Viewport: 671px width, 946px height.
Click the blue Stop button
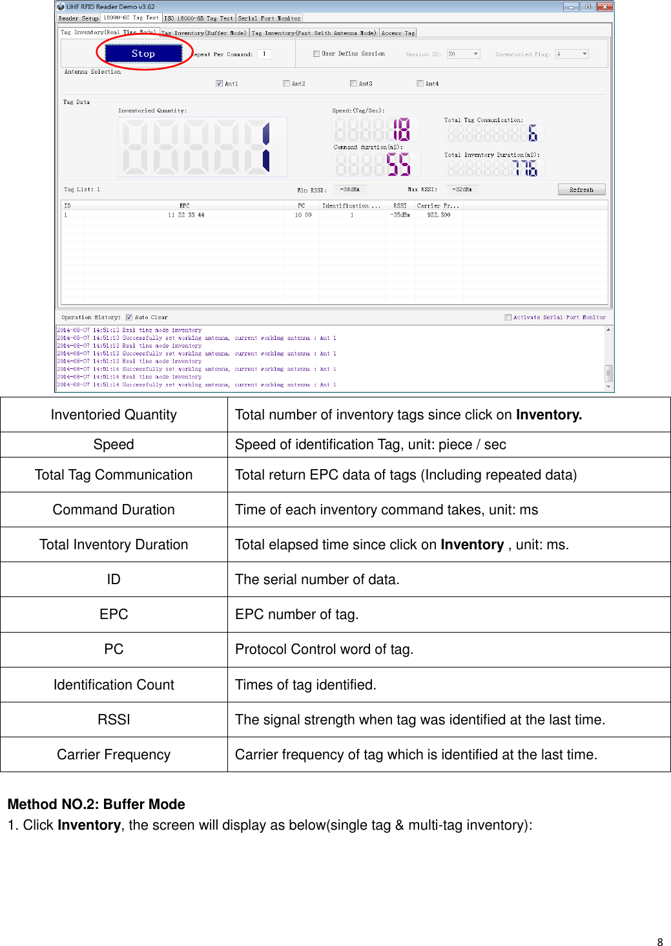pos(143,54)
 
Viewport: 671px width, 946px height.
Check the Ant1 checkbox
pos(220,83)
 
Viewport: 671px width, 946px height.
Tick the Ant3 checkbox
pos(353,83)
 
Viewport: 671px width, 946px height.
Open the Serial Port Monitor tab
pos(269,18)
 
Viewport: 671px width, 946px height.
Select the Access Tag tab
pos(398,32)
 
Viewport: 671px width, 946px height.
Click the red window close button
pos(604,6)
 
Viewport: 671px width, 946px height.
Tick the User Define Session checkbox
pos(316,54)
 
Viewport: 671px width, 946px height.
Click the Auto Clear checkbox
pos(129,317)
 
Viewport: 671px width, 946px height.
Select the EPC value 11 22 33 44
pos(186,215)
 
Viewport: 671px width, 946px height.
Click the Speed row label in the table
pos(114,445)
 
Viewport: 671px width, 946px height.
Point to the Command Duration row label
pos(114,510)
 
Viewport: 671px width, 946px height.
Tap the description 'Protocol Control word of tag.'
pos(324,649)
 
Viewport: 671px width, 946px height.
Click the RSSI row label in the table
pos(114,720)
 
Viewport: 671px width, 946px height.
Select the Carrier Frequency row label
pos(114,755)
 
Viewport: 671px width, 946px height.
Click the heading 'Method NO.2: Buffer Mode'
pos(96,804)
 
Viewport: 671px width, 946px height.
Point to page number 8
pos(659,942)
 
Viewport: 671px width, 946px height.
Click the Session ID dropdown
pos(464,54)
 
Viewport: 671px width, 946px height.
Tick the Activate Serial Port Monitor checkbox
pos(508,317)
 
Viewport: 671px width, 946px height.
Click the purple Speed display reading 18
pos(401,129)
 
